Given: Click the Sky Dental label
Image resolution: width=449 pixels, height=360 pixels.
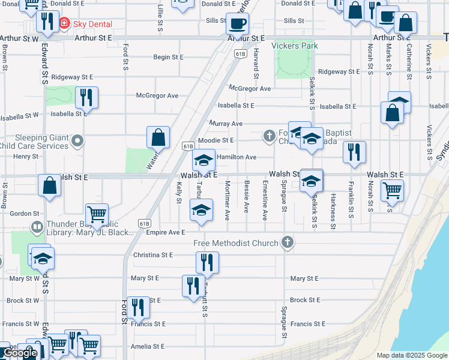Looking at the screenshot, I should coord(92,25).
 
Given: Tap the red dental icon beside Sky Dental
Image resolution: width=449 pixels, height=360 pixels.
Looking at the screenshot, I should coord(66,25).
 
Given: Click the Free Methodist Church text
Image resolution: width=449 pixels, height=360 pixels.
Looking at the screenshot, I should coord(235,243).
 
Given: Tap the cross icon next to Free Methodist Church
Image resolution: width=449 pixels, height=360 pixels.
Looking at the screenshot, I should coord(288,243).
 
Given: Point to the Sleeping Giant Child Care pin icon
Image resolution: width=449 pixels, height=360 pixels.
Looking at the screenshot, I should coord(76,142).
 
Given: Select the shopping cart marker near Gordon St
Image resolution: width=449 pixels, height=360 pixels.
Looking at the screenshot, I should coord(97,214).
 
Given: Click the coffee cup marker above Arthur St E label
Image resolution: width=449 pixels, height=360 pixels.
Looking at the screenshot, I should coord(237,24).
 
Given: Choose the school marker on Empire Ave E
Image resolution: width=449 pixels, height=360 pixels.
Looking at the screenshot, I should coord(201,211).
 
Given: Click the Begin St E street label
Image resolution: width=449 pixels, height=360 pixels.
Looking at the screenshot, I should coord(168,58).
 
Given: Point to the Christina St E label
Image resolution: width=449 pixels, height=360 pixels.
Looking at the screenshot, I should coord(153,255).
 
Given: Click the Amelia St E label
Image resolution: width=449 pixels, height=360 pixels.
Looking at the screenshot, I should coord(148,347).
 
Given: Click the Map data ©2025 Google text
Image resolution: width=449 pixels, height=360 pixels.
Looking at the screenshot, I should coord(411,355).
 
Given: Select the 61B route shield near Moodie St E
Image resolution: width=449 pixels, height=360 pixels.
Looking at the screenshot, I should coord(188,146).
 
